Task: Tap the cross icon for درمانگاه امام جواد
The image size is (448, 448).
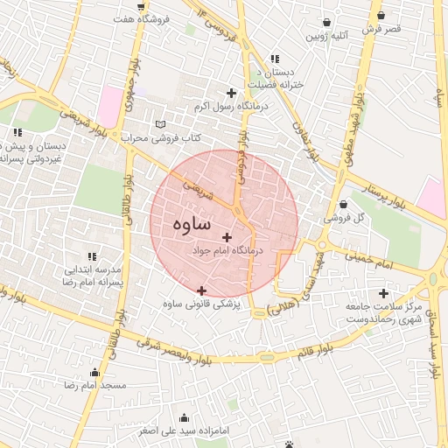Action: (x=227, y=237)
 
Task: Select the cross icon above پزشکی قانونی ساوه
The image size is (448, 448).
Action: (x=202, y=290)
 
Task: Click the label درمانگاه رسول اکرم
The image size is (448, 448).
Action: (x=231, y=106)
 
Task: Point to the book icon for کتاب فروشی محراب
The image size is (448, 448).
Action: (x=159, y=124)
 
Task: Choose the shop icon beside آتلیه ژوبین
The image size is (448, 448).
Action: (x=327, y=23)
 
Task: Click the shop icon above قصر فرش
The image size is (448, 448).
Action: (x=381, y=15)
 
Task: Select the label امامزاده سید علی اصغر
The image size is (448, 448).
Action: (x=185, y=431)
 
